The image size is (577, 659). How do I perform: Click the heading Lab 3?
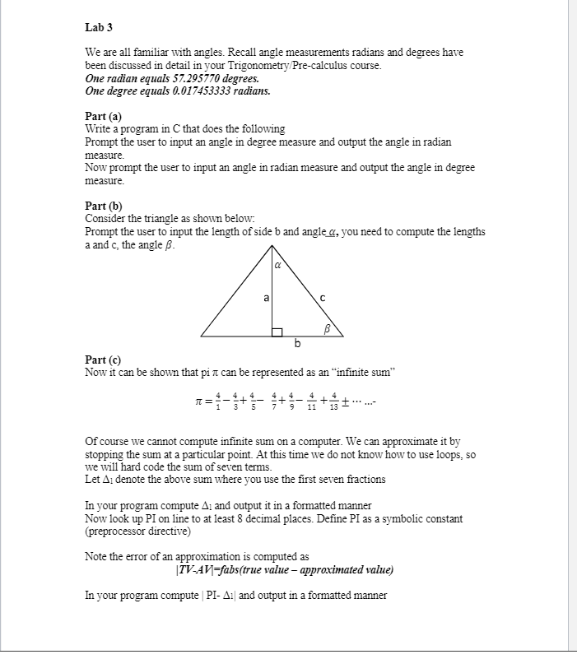(x=99, y=27)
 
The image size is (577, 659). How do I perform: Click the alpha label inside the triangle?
(x=277, y=266)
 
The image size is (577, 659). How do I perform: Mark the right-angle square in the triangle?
(x=277, y=331)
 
